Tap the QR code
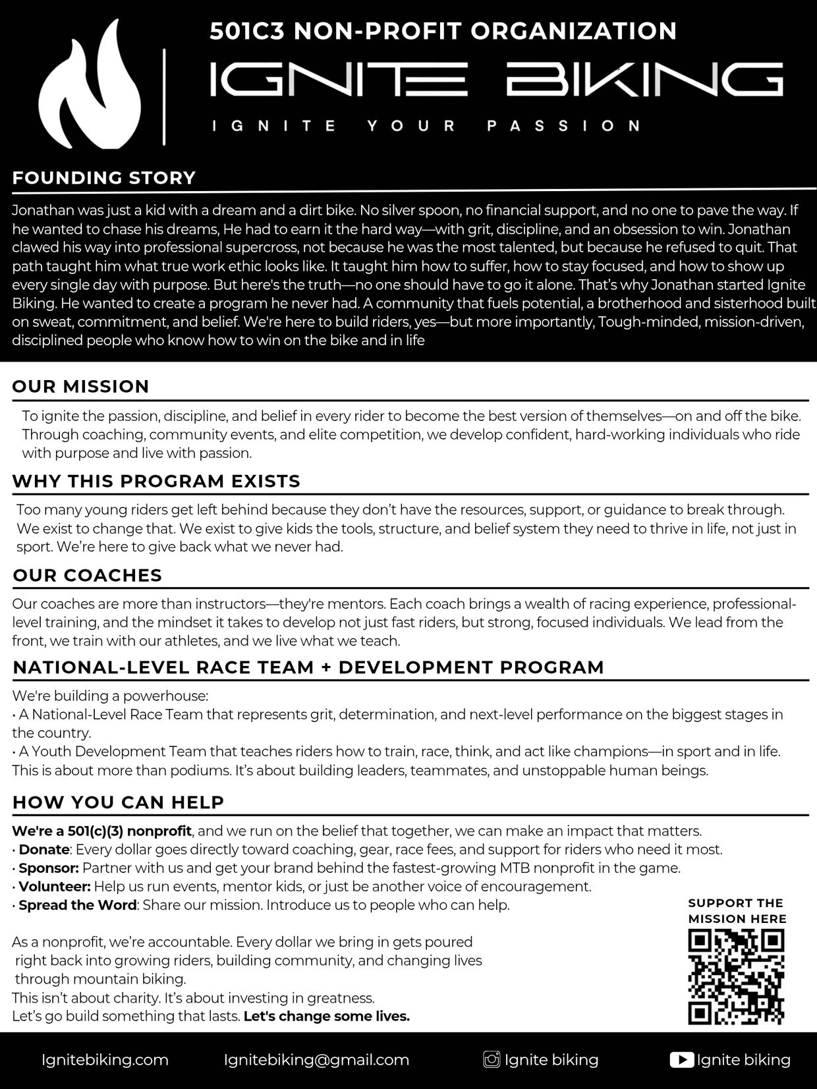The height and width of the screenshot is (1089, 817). tap(737, 977)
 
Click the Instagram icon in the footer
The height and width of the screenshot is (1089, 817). tap(492, 1060)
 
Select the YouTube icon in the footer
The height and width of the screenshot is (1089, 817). tap(681, 1060)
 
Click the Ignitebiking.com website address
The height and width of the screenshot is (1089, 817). tap(105, 1060)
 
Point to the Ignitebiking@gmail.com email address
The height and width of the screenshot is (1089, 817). tap(316, 1060)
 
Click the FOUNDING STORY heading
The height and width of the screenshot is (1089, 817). tap(104, 178)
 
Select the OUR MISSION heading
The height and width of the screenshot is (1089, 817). tap(81, 386)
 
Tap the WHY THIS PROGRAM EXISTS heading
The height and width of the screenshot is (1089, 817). tap(156, 481)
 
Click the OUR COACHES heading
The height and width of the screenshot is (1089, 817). tap(87, 575)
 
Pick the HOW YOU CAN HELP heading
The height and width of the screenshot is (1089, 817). tap(119, 802)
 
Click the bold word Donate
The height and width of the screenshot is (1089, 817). tap(44, 849)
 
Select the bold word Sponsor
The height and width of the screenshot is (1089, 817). tap(49, 868)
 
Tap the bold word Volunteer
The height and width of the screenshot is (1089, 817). tap(55, 886)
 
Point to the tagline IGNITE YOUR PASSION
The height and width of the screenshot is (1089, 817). tap(426, 125)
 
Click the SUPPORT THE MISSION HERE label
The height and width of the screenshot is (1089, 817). tap(737, 910)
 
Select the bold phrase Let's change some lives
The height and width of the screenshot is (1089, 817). tap(327, 1016)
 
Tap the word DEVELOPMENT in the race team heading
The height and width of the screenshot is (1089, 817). tap(416, 667)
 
